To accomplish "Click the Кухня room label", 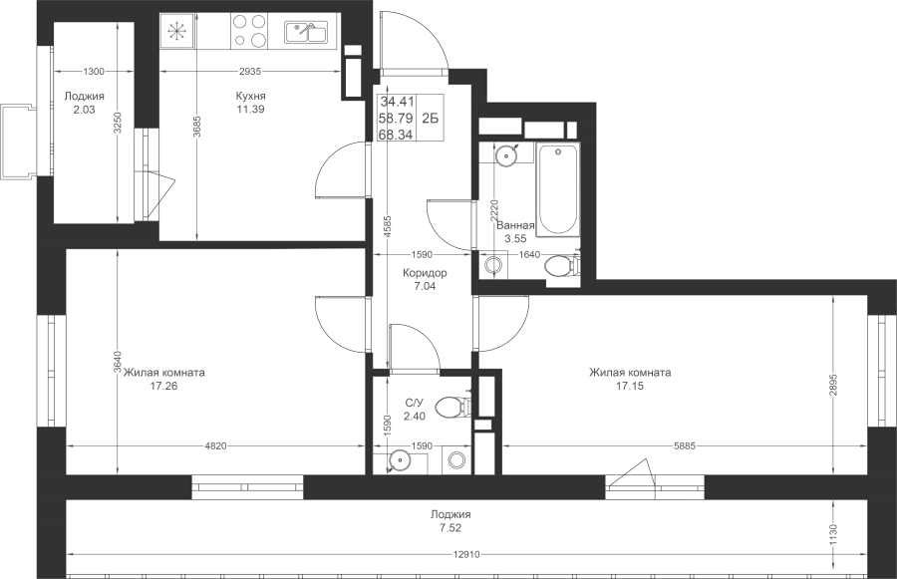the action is point(250,96).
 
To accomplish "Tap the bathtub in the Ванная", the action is point(558,189).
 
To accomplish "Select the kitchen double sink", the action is point(306,32).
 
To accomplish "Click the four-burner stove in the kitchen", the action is point(250,31).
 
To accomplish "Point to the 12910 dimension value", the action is point(466,554).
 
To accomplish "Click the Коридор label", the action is point(425,273).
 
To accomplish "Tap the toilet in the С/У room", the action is point(452,408).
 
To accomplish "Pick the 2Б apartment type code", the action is point(430,119).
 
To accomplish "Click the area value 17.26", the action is point(163,387).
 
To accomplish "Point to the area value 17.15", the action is point(630,387).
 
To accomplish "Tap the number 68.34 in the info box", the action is point(397,135).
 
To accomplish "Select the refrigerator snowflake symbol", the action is point(175,31).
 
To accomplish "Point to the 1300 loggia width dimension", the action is point(94,72).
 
